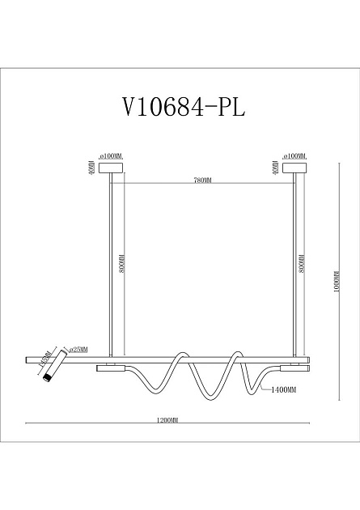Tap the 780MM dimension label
[202, 181]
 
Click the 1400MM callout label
[285, 390]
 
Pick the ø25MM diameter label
[78, 350]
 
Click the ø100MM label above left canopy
[109, 155]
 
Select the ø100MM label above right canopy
[294, 155]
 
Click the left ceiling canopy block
[109, 168]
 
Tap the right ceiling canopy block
[294, 168]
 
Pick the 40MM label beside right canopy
[276, 168]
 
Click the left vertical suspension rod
[109, 267]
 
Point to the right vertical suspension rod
[294, 267]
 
